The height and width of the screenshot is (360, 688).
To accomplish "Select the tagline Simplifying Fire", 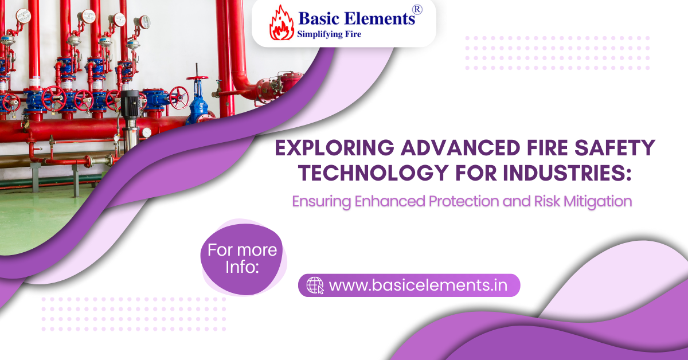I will [x=329, y=34].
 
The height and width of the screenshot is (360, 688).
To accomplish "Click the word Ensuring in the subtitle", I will [x=319, y=202].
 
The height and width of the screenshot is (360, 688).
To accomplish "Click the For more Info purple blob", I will [x=242, y=258].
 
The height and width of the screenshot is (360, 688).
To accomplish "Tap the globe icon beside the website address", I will [x=315, y=285].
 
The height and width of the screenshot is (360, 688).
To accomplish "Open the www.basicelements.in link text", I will [x=419, y=285].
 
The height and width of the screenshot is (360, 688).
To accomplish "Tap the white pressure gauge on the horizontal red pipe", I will [x=146, y=132].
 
